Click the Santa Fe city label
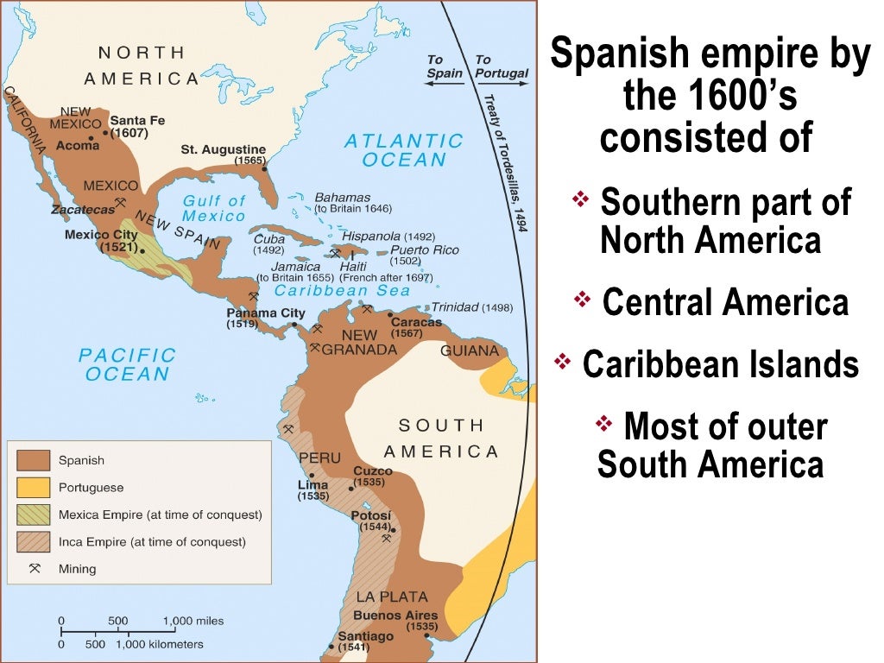tap(137, 120)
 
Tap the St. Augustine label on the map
tap(223, 149)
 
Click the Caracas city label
tap(415, 322)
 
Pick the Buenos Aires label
tap(395, 616)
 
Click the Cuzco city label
tap(372, 471)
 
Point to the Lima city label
tap(313, 485)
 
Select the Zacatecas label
tap(82, 209)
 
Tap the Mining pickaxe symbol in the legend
tap(35, 569)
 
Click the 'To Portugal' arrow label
tap(501, 66)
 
